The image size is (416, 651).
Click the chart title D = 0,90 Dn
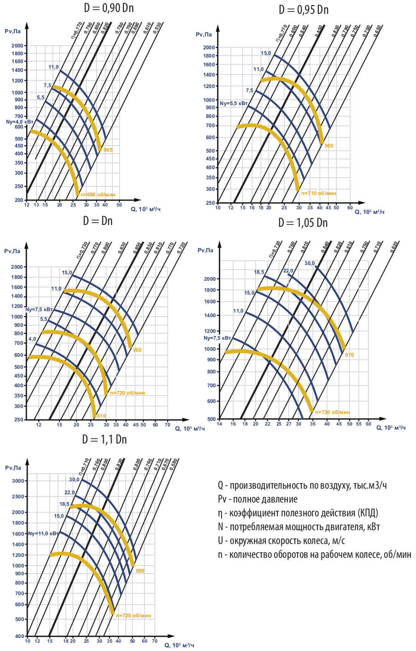pyautogui.click(x=109, y=8)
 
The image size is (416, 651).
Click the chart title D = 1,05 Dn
pyautogui.click(x=303, y=223)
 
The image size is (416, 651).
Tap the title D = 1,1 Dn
pyautogui.click(x=105, y=439)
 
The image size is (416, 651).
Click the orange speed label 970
pyautogui.click(x=349, y=355)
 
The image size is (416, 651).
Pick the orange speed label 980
pyautogui.click(x=140, y=571)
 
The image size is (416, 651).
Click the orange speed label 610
pyautogui.click(x=101, y=415)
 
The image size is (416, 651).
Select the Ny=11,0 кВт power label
pyautogui.click(x=43, y=533)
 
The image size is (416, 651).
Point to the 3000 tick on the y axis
pyautogui.click(x=18, y=481)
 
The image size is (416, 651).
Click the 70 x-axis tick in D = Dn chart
pyautogui.click(x=167, y=425)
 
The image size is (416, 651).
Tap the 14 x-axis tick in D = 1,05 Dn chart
pyautogui.click(x=219, y=424)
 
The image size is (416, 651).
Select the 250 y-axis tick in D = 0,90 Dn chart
pyautogui.click(x=18, y=186)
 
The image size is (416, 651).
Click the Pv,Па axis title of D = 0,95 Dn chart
pyautogui.click(x=204, y=35)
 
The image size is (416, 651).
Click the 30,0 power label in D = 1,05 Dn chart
pyautogui.click(x=310, y=263)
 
